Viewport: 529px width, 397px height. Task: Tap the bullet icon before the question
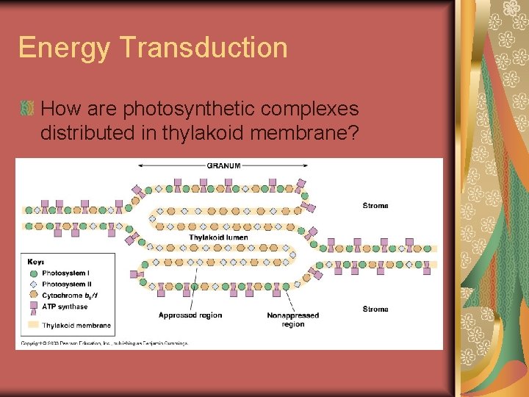pyautogui.click(x=28, y=109)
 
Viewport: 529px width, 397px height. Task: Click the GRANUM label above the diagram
pyautogui.click(x=223, y=165)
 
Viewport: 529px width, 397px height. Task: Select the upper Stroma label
pyautogui.click(x=375, y=206)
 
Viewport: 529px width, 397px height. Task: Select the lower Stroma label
pyautogui.click(x=375, y=309)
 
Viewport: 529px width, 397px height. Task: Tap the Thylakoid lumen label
pyautogui.click(x=218, y=237)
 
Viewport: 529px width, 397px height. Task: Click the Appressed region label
pyautogui.click(x=190, y=315)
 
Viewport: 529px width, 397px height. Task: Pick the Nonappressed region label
pyautogui.click(x=292, y=320)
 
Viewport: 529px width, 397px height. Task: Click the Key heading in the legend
pyautogui.click(x=36, y=262)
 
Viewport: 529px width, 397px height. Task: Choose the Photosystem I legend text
pyautogui.click(x=68, y=273)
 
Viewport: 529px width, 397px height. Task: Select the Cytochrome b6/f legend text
pyautogui.click(x=71, y=295)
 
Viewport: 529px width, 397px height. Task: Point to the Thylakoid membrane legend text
pyautogui.click(x=76, y=325)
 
